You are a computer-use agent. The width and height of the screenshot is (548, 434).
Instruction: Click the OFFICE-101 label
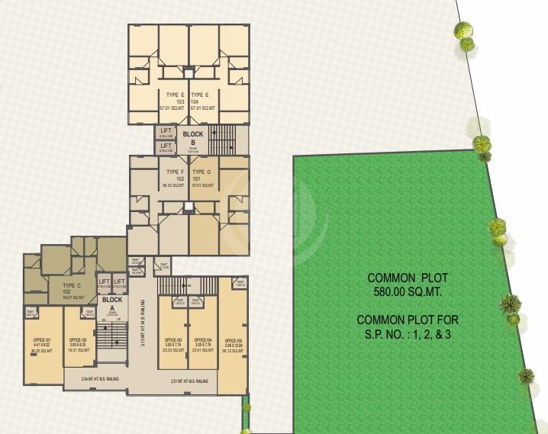(43, 339)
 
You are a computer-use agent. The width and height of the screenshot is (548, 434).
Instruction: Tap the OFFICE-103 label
(173, 339)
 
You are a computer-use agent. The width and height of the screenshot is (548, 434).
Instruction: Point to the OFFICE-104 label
(202, 339)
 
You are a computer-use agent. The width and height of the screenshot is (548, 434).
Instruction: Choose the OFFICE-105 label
(233, 339)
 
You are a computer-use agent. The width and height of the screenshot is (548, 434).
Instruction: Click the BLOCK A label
(112, 300)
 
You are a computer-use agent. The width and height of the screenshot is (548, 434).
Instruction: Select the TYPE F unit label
(175, 172)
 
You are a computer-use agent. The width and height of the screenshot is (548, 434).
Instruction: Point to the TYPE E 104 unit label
(201, 95)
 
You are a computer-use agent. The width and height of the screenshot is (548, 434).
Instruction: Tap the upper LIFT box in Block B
(166, 132)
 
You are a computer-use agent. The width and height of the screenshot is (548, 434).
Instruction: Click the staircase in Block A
(111, 339)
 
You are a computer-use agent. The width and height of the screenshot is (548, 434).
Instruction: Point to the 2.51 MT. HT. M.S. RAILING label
(190, 381)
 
